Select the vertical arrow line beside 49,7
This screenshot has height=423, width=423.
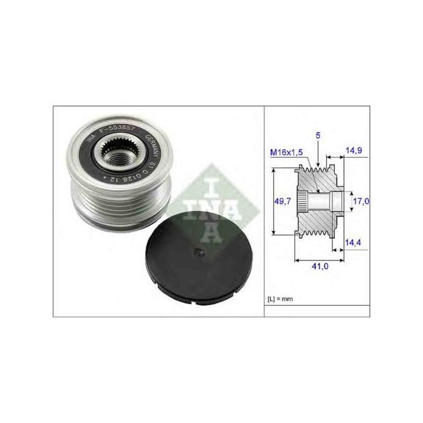273,202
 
